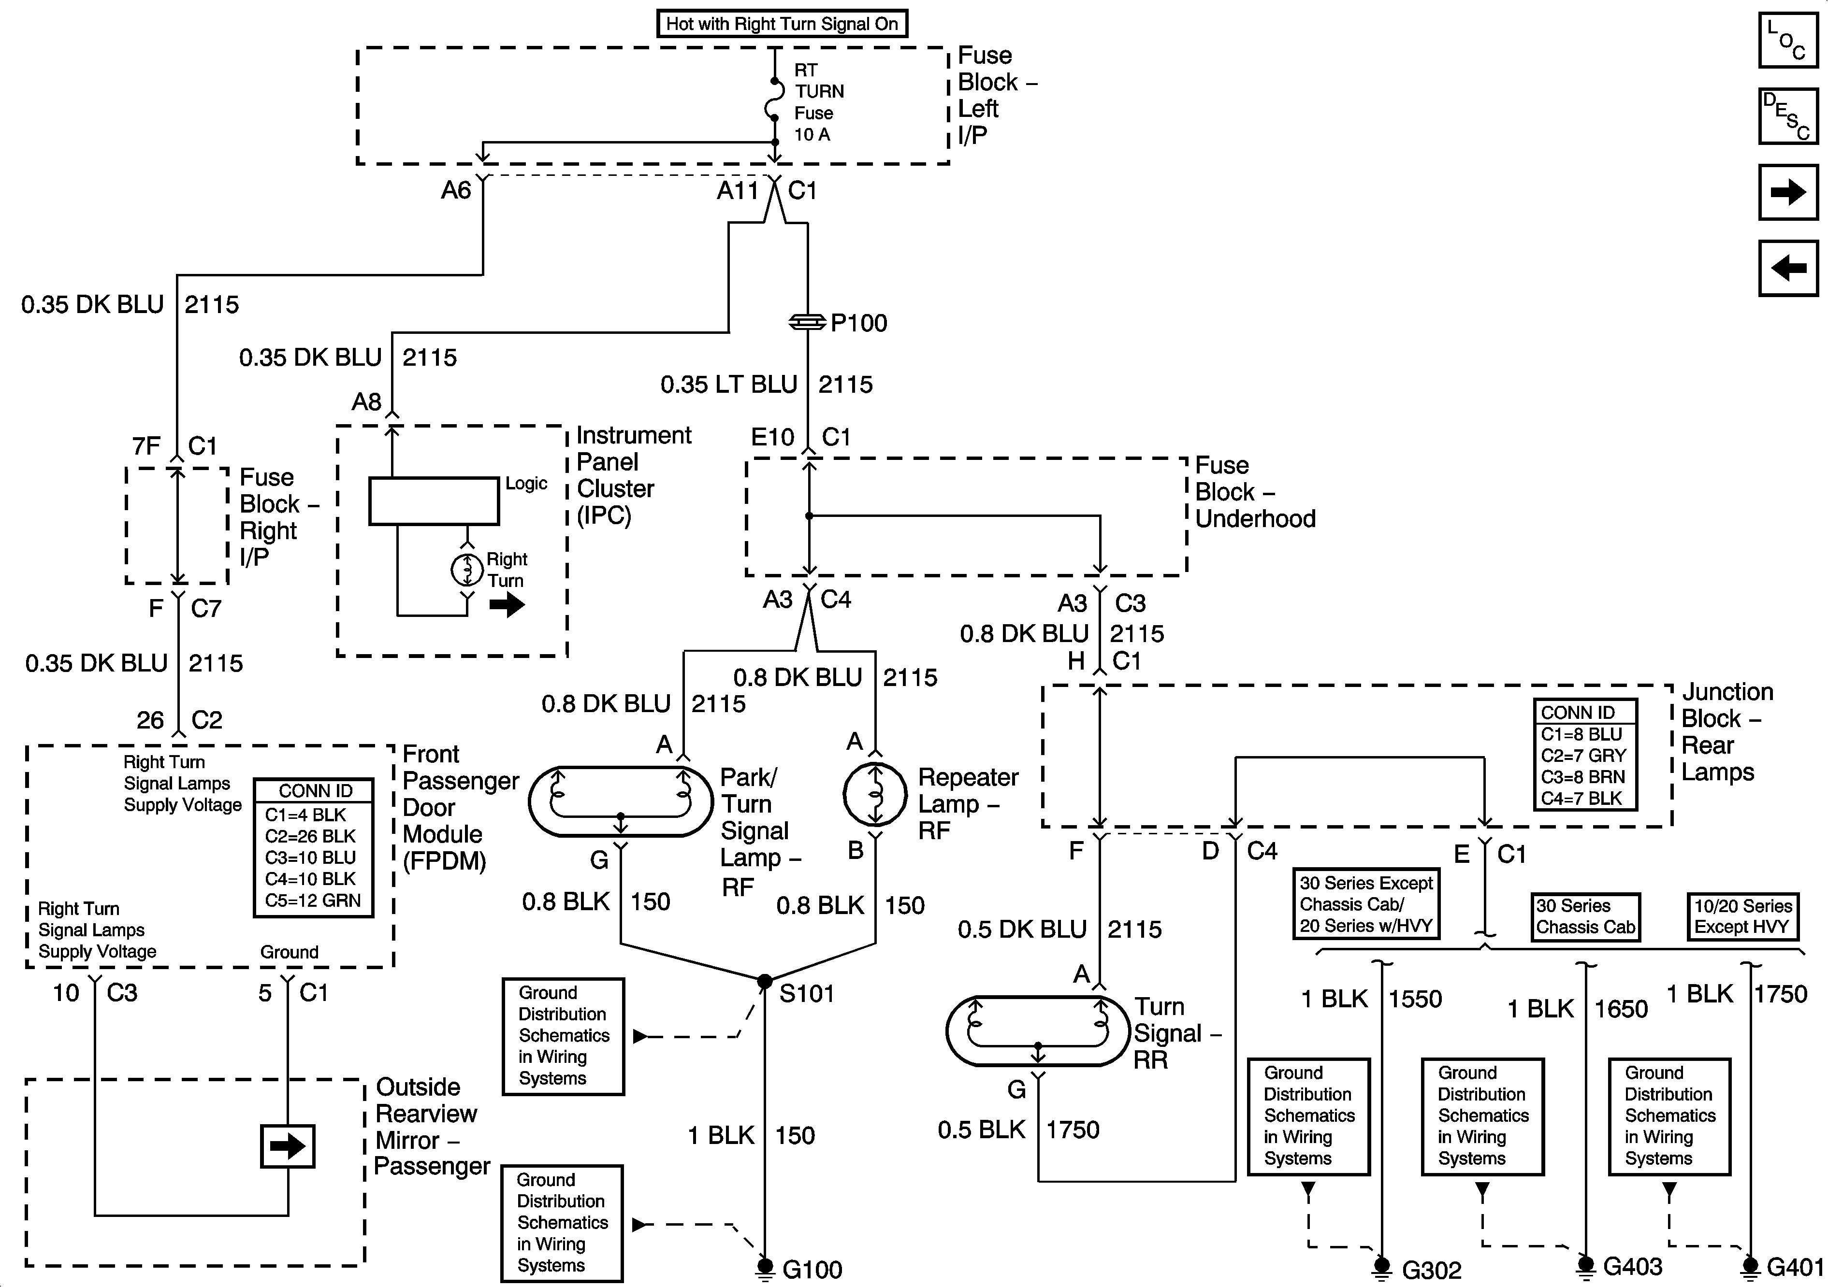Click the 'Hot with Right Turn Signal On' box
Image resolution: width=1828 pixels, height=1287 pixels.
click(781, 24)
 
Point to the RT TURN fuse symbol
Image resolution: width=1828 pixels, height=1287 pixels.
click(774, 100)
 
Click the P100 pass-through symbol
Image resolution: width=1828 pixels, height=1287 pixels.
click(807, 322)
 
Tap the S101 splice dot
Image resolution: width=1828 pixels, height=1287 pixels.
click(764, 981)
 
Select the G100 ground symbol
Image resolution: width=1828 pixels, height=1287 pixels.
click(764, 1266)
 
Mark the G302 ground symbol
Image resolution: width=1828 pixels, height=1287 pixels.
click(1382, 1266)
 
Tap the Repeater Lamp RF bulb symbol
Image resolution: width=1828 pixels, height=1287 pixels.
click(875, 794)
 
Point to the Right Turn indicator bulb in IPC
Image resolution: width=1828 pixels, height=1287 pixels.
click(467, 568)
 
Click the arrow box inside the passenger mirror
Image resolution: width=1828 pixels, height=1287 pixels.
click(288, 1146)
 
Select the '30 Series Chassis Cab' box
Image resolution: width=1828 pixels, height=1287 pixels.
click(1585, 917)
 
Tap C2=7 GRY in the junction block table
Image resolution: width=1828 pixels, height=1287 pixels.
click(1583, 755)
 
